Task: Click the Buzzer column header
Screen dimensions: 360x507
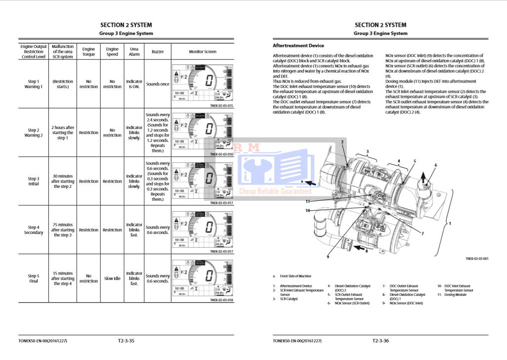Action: point(158,51)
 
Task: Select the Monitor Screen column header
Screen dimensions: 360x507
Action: point(203,51)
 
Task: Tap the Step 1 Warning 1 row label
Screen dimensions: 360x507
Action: point(34,84)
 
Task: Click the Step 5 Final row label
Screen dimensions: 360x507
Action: point(34,278)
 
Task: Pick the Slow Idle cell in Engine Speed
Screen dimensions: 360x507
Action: point(112,278)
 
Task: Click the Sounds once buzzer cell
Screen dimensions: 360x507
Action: point(158,84)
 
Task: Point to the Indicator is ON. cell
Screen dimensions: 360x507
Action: point(134,84)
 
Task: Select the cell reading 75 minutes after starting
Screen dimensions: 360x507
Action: point(63,230)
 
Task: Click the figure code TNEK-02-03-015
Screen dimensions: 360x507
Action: point(221,106)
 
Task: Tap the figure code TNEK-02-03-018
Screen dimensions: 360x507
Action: point(221,300)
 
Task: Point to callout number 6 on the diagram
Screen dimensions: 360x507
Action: point(435,165)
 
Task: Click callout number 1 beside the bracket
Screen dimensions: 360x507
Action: point(450,224)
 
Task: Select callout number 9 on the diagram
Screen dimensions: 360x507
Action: point(328,256)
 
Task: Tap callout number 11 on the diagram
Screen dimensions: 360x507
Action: point(307,201)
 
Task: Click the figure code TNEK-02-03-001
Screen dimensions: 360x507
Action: point(477,259)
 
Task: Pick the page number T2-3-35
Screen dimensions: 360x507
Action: point(126,341)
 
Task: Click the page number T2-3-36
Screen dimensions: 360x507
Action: point(380,341)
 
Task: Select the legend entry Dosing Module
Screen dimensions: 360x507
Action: point(455,295)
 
